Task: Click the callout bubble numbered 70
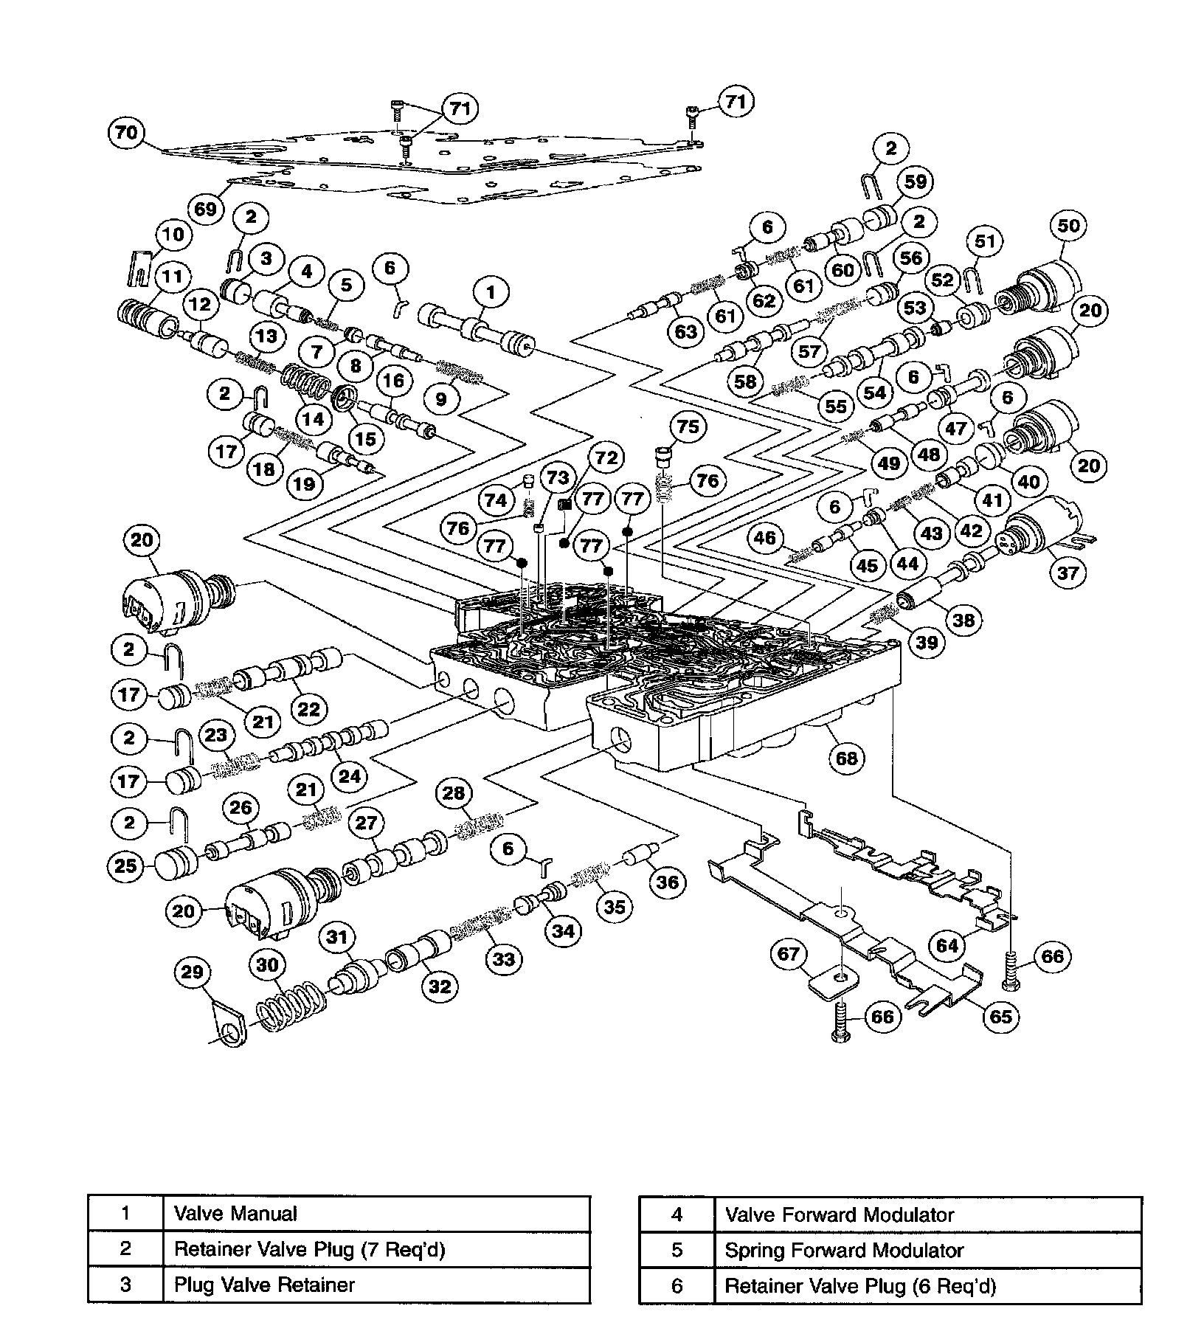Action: (x=126, y=133)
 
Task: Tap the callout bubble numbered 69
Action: (x=206, y=209)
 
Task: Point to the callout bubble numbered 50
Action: (x=1068, y=226)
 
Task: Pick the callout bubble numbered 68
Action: (x=846, y=758)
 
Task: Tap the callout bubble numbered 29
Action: (x=192, y=972)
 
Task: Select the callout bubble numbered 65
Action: (x=1000, y=1016)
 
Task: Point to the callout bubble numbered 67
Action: (x=789, y=954)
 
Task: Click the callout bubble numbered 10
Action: (x=173, y=235)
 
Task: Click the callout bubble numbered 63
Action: (x=685, y=332)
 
